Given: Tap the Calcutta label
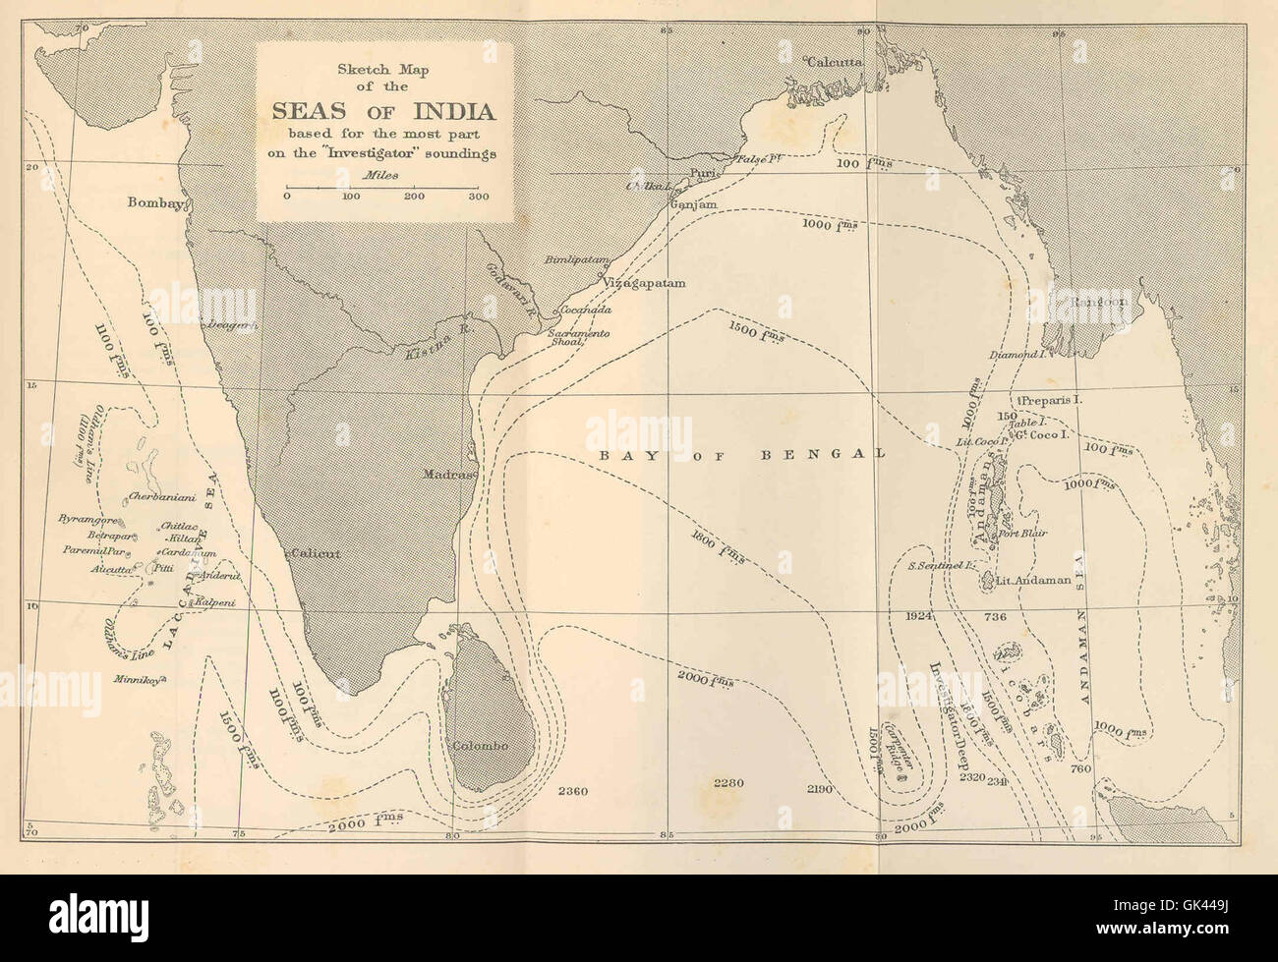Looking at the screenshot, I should [835, 62].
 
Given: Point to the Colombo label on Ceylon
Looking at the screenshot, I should [480, 746].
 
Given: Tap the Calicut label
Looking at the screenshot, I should [315, 554].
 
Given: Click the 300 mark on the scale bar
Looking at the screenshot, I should [479, 197].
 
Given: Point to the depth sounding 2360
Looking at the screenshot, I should [572, 791].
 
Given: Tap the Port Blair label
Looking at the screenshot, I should [1021, 534].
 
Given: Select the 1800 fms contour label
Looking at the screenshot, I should [719, 549].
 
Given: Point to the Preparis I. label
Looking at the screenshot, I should [1051, 401].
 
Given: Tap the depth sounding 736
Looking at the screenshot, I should [997, 616].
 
